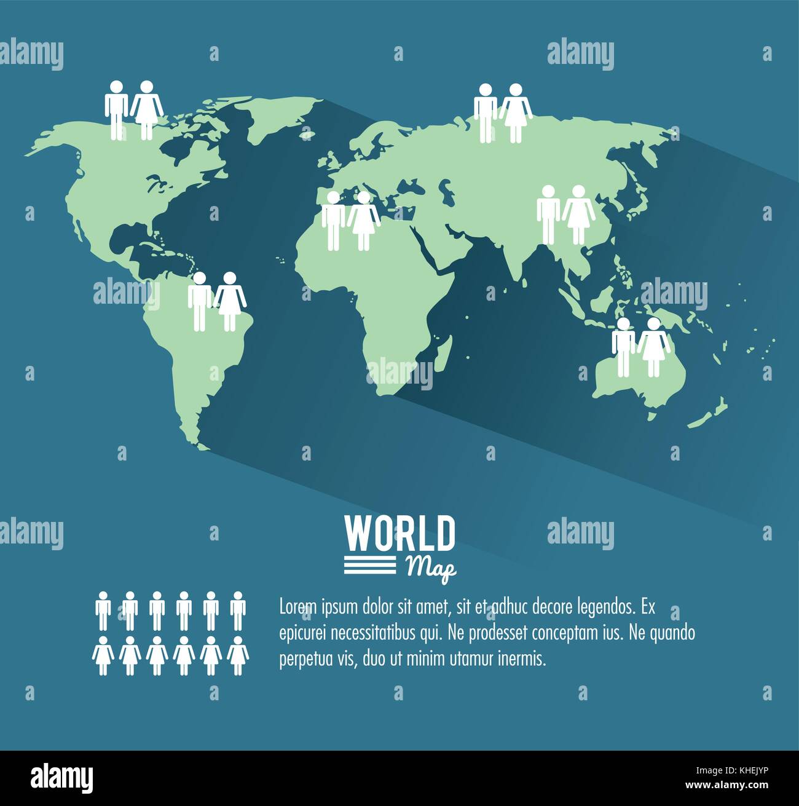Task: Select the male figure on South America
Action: coord(199,301)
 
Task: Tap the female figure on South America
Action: coord(229,301)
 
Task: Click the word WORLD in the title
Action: coord(399,534)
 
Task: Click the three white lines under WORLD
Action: coord(369,564)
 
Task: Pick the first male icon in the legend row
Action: coord(103,610)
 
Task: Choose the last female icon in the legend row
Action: coord(238,655)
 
